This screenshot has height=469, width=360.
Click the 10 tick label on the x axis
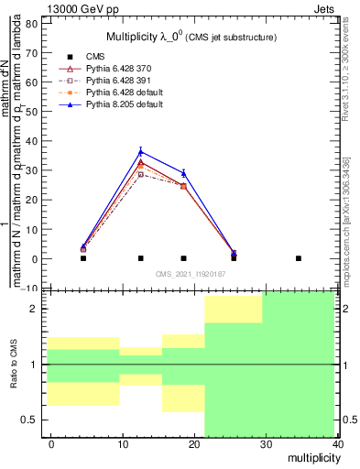[x=122, y=444]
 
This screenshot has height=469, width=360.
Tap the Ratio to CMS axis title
[x=14, y=364]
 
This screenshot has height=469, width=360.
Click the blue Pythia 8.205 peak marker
[x=140, y=152]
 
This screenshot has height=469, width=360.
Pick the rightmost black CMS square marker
[x=298, y=258]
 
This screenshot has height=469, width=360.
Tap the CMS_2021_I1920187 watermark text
[x=190, y=273]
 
